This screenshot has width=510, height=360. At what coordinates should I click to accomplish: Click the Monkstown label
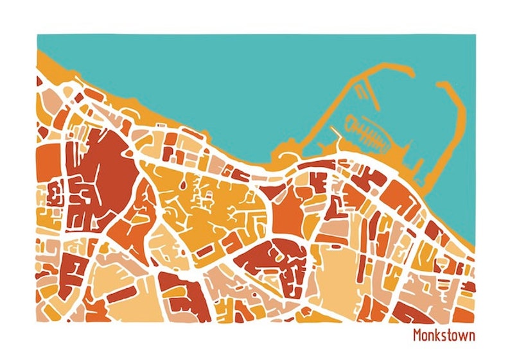pyautogui.click(x=444, y=336)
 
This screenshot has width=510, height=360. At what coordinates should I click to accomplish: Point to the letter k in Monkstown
pyautogui.click(x=439, y=336)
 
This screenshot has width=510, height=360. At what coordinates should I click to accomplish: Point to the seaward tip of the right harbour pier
pyautogui.click(x=443, y=83)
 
